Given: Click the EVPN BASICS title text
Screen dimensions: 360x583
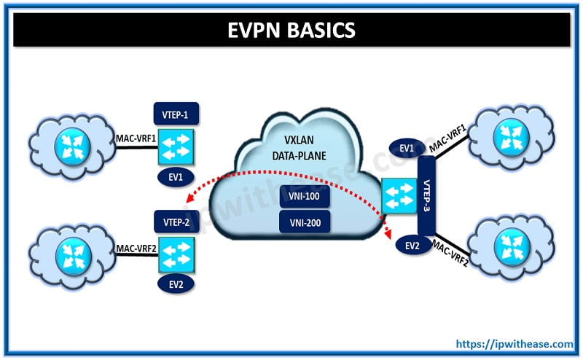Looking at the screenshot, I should tap(291, 31).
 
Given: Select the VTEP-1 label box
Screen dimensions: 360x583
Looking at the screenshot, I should tap(176, 114).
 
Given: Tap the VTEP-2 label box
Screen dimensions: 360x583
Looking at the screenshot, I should tap(176, 222).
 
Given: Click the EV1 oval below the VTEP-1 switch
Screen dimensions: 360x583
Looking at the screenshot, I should tap(176, 176).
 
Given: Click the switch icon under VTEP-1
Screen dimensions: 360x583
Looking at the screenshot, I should tap(176, 145).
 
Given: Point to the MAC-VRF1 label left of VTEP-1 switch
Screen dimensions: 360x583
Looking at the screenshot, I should tap(136, 136).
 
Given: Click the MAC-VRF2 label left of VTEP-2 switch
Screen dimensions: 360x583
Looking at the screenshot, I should tap(136, 247).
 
